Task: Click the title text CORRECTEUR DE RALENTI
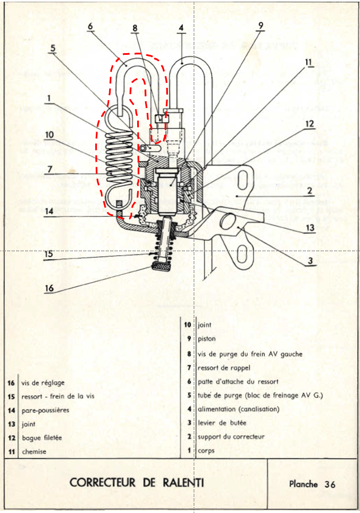pyautogui.click(x=137, y=483)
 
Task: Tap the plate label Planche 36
pyautogui.click(x=312, y=484)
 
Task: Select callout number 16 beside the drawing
pyautogui.click(x=49, y=288)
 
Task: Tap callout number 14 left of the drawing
pyautogui.click(x=50, y=212)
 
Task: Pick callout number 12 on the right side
pyautogui.click(x=310, y=124)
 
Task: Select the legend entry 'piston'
pyautogui.click(x=207, y=338)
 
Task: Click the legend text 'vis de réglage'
pyautogui.click(x=43, y=383)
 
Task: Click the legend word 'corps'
pyautogui.click(x=206, y=451)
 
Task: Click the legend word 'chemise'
pyautogui.click(x=34, y=451)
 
